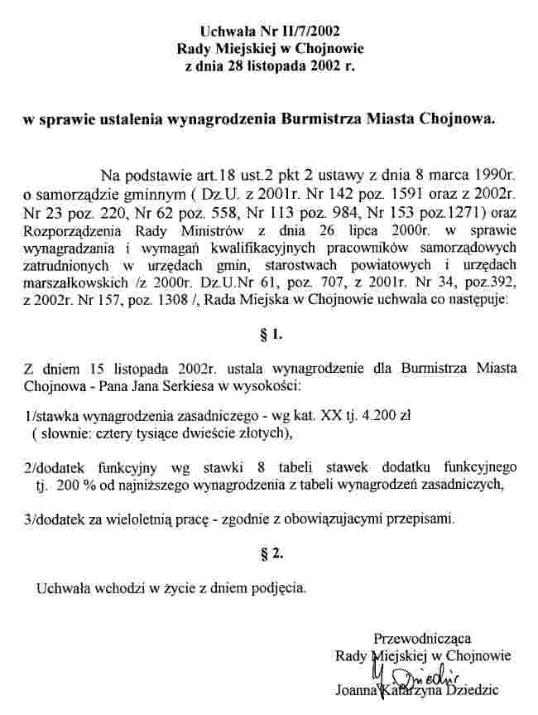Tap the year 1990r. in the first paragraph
pyautogui.click(x=488, y=176)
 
